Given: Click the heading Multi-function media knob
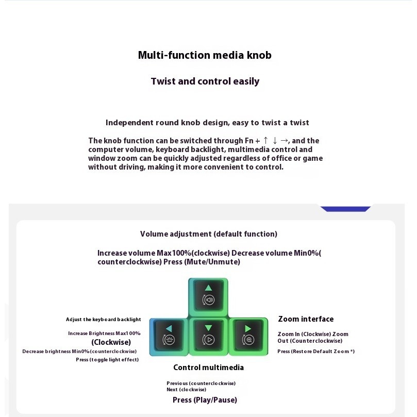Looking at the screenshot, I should click(205, 55).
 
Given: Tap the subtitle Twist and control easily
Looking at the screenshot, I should click(205, 81).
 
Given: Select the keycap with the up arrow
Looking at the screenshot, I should click(208, 296).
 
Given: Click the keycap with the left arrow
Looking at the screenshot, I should click(169, 336).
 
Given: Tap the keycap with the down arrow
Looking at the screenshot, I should click(208, 336).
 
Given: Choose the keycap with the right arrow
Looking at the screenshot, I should click(248, 336).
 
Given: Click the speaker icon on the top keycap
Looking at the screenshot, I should click(208, 301).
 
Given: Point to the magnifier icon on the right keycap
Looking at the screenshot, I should click(249, 340).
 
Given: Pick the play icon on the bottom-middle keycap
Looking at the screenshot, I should click(209, 340).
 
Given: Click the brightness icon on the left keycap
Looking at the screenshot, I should click(168, 340).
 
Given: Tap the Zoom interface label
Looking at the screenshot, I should click(306, 319).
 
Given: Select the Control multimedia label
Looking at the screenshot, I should click(208, 368).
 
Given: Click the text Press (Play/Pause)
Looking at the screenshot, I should click(205, 400).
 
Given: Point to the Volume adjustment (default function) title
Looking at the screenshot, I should click(209, 234).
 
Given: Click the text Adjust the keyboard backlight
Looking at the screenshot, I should click(103, 320).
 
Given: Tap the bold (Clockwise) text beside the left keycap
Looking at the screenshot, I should click(111, 342).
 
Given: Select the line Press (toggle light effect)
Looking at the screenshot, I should click(107, 360).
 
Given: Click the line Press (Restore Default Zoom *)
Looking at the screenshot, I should click(316, 352).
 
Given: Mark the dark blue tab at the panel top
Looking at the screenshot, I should click(345, 209).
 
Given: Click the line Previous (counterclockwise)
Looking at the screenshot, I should click(201, 383).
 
